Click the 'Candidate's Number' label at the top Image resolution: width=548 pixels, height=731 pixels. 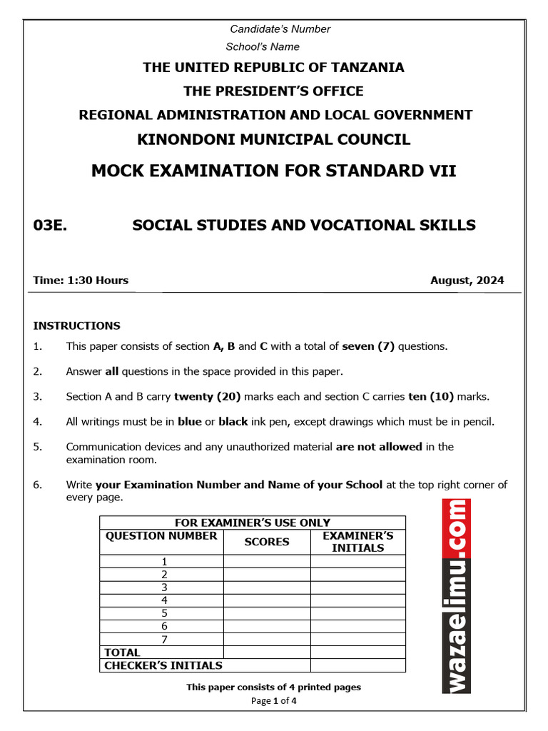[x=280, y=29]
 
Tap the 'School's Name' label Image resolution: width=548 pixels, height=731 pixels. [x=263, y=47]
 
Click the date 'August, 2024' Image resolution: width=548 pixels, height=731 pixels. [x=467, y=281]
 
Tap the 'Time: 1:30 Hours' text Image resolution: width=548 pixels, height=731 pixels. [x=81, y=281]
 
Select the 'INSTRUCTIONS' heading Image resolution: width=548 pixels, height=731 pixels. [x=77, y=326]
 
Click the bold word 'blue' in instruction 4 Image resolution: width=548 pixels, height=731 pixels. [x=190, y=422]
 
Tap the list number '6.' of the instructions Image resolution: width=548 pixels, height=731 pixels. [x=38, y=485]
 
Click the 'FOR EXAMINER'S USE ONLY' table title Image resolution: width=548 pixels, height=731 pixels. [x=253, y=523]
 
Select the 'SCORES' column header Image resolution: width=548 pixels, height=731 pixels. [x=267, y=542]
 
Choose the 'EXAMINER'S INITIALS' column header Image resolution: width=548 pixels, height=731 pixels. [x=357, y=542]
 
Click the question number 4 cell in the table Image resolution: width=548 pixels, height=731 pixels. [x=164, y=600]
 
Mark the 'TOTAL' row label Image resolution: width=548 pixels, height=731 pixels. [x=123, y=652]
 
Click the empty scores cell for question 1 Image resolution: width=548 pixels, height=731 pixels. [x=267, y=562]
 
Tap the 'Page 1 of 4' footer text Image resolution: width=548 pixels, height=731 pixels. [x=273, y=701]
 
